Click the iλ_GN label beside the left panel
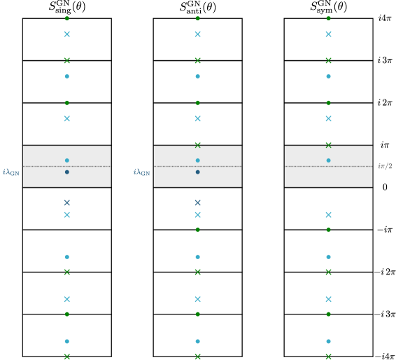point(11,172)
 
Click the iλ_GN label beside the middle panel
point(142,172)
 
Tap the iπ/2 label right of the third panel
point(385,167)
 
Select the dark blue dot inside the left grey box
point(67,172)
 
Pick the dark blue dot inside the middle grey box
point(198,172)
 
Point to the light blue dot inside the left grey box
point(67,160)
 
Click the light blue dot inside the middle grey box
point(198,160)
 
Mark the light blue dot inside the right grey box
point(329,160)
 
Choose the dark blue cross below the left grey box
point(67,202)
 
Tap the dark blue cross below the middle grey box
point(198,202)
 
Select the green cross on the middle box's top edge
point(198,145)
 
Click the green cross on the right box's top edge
point(329,145)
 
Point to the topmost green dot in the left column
point(67,18)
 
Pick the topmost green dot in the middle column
point(198,18)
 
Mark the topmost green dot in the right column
point(329,18)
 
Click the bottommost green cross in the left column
point(67,356)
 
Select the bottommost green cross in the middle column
point(198,356)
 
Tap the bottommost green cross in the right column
point(329,356)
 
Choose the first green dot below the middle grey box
point(198,230)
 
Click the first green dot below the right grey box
point(329,230)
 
